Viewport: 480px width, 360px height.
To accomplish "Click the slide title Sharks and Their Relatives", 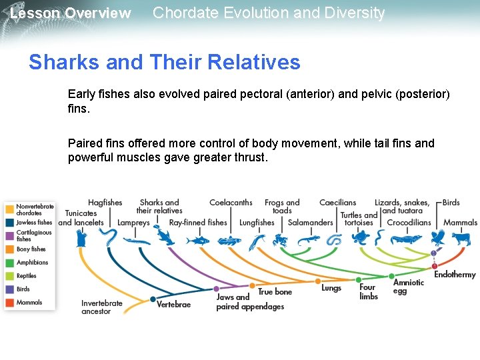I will point(164,62).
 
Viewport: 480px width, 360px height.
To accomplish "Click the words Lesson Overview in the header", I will point(71,13).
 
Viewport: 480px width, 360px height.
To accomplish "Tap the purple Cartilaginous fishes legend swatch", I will point(9,235).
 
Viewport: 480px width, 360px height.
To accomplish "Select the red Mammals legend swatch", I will point(9,303).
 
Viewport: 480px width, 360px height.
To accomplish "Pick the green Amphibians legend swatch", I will point(9,263).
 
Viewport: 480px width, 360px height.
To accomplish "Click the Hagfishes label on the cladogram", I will point(105,203).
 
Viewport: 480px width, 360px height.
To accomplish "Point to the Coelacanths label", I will point(231,203).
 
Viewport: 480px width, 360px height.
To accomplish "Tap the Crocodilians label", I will point(409,223).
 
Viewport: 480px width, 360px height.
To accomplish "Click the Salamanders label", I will point(311,223).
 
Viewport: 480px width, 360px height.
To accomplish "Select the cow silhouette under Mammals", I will point(461,239).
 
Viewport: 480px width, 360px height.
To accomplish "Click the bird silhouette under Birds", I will point(437,239).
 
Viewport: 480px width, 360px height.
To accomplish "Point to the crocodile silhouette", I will point(406,239).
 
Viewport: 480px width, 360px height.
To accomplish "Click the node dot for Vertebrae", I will point(153,299).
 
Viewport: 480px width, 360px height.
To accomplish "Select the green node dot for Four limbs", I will point(359,280).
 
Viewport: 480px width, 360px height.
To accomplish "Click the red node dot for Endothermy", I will point(435,265).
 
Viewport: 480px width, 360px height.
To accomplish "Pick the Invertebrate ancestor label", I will point(102,307).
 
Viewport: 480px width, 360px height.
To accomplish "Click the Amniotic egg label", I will point(408,287).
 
